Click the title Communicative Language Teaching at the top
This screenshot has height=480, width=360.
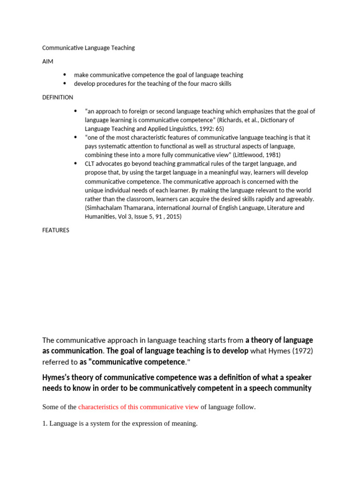pyautogui.click(x=89, y=48)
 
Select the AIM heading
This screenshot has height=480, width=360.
pyautogui.click(x=48, y=61)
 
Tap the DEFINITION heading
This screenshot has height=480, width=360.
pyautogui.click(x=58, y=97)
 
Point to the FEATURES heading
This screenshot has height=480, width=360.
pyautogui.click(x=56, y=230)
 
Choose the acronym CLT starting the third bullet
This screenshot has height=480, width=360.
pyautogui.click(x=90, y=164)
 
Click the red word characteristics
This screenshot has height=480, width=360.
pyautogui.click(x=99, y=407)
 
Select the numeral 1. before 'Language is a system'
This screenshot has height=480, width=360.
pyautogui.click(x=45, y=424)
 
